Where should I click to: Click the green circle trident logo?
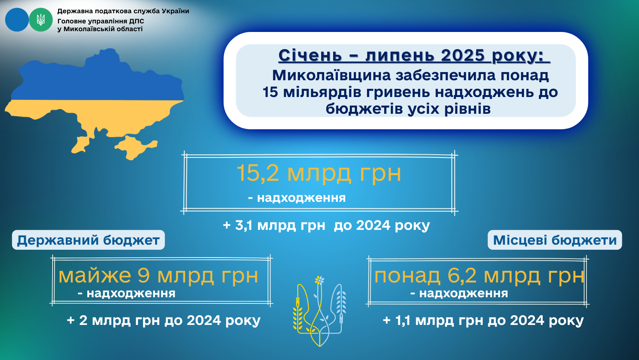pos(41,20)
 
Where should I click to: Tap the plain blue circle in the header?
pos(17,20)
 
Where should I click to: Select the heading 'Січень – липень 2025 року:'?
pos(414,55)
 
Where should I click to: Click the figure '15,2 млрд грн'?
pos(319,173)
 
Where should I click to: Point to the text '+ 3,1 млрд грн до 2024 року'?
pos(326,226)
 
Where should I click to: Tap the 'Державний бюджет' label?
pos(88,240)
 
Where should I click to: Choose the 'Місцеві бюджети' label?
pos(555,240)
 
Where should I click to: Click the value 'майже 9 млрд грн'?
pos(158,276)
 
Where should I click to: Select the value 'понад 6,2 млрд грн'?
pos(479,276)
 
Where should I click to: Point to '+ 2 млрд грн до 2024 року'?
pos(164,320)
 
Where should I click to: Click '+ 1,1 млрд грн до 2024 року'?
pos(483,320)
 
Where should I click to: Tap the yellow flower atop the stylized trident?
pos(319,280)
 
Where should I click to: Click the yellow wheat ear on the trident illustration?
pos(298,318)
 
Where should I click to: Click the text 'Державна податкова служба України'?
pos(123,11)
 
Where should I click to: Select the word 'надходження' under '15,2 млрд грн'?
pos(301,198)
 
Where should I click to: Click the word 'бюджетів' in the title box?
pos(364,109)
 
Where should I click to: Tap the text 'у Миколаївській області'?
pos(100,29)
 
